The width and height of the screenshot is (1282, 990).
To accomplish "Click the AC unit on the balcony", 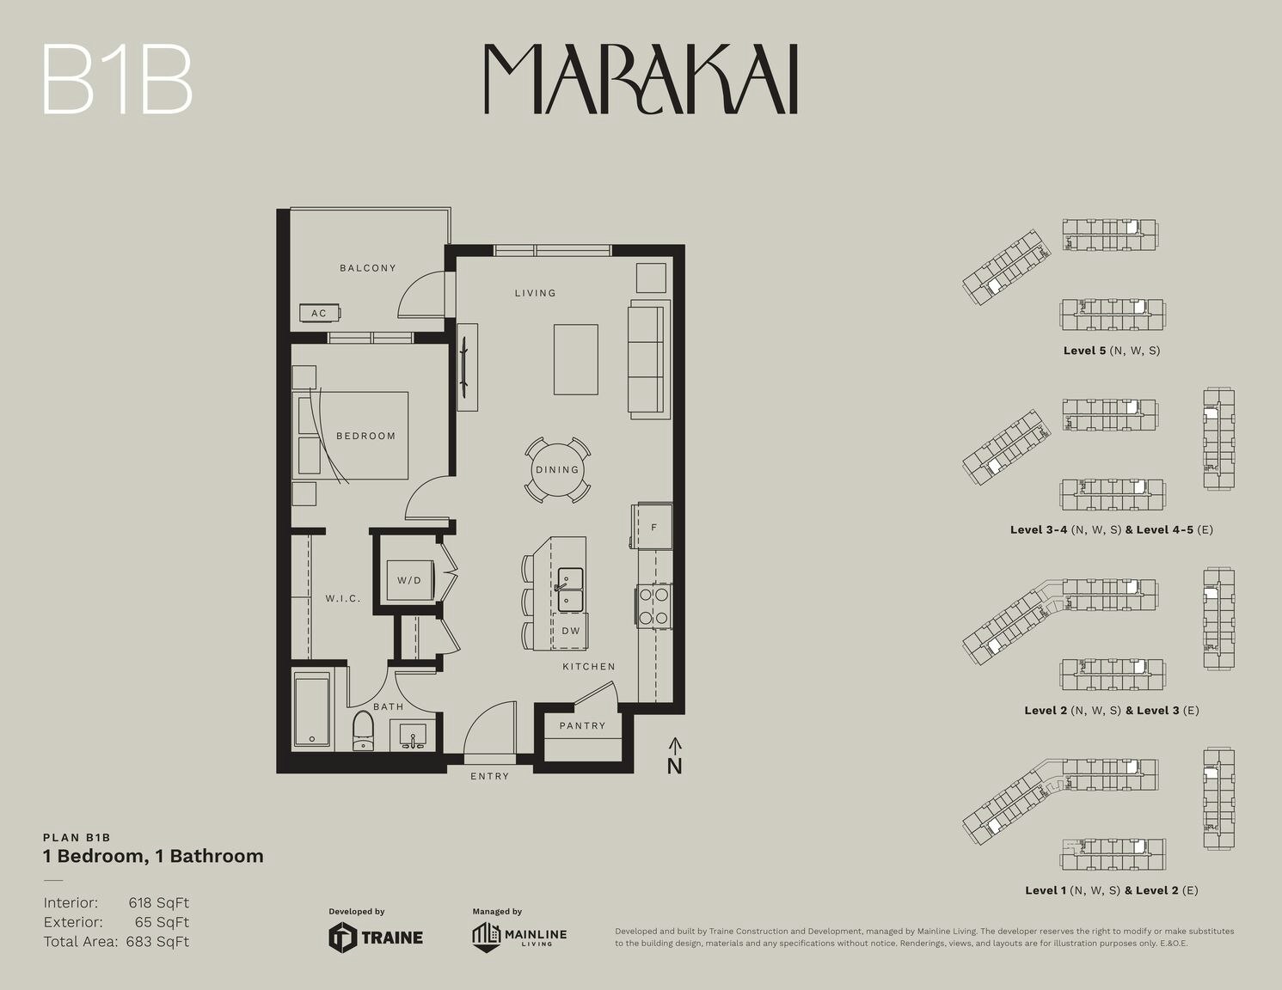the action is coord(320,313).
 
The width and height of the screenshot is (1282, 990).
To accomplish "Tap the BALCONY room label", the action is coord(367,267).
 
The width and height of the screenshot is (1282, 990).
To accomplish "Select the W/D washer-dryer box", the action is coord(410,580).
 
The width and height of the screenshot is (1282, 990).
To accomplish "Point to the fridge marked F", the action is coord(653,527).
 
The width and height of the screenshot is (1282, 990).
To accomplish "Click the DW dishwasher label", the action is coord(571,630).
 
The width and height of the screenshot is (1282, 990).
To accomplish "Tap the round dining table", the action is coord(557,470).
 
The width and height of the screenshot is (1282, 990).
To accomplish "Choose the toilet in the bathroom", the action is coord(363,731).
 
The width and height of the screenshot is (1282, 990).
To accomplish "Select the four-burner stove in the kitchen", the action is coord(653,606).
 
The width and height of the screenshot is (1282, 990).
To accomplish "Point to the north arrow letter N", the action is coord(674,766).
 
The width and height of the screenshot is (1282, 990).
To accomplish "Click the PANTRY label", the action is coord(582,725).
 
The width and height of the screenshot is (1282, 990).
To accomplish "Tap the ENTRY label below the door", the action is coord(490,776).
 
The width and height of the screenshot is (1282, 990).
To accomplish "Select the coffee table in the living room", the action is coord(576,359).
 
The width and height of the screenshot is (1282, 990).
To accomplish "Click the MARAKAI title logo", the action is coord(641,78).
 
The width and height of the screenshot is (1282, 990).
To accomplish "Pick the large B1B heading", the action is coord(118,80).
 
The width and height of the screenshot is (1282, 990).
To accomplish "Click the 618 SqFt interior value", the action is coord(159,902).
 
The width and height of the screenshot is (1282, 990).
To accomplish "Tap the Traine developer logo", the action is coord(376,937).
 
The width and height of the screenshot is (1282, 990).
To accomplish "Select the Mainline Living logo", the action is coord(519,937).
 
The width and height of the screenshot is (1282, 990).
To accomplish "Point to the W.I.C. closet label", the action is coord(343,598).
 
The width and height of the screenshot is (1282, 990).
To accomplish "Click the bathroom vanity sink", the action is coord(413,736).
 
